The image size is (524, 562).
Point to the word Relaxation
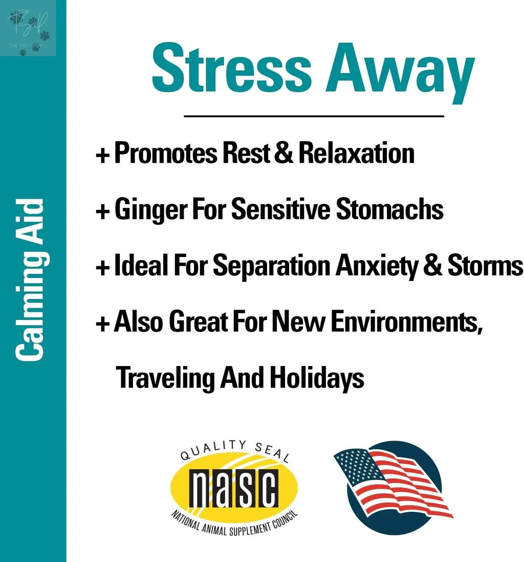pos(356,153)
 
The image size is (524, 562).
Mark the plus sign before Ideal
pos(103,267)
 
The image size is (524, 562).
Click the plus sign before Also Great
pos(103,323)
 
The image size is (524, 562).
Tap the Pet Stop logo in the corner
pos(29,29)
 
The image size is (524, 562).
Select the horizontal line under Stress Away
pos(313,116)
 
